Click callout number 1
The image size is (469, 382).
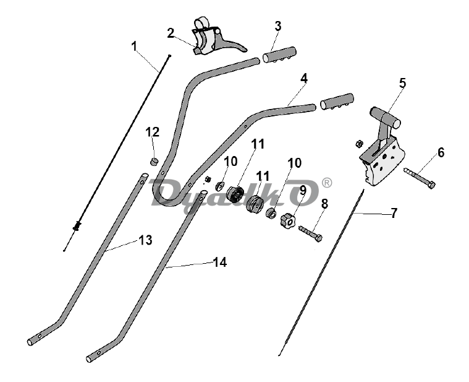134,45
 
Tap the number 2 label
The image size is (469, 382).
171,33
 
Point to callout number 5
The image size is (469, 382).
402,83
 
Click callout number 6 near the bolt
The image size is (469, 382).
441,152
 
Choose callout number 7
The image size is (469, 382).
394,213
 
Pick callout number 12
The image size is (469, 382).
152,132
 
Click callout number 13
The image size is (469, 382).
145,240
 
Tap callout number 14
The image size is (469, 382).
219,263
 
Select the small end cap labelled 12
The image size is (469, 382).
154,162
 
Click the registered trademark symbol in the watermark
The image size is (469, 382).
327,183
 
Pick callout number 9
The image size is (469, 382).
303,189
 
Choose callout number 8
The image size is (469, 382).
324,203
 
